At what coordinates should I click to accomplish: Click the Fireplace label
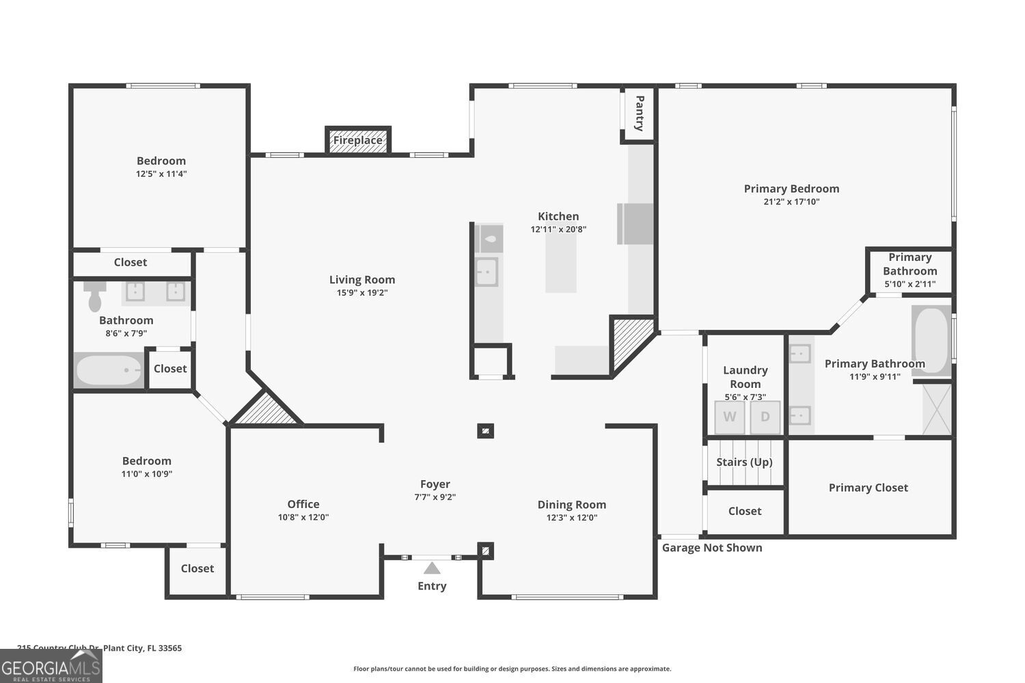(x=358, y=141)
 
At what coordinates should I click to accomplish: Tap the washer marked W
(x=730, y=417)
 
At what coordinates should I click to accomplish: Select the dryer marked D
(x=765, y=417)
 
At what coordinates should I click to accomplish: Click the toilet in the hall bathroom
(x=95, y=296)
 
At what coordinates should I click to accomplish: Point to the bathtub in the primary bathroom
(x=931, y=340)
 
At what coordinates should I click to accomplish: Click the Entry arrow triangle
(x=432, y=568)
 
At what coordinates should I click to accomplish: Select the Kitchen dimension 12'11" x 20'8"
(x=558, y=229)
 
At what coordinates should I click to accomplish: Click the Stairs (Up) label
(x=744, y=462)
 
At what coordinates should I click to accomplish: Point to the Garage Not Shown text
(x=712, y=548)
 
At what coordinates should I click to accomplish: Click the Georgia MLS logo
(x=51, y=666)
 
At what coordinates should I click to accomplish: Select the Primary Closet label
(x=868, y=488)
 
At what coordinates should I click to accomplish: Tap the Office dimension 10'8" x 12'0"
(x=303, y=518)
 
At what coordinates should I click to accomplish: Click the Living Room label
(x=362, y=279)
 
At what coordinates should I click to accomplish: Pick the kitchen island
(x=560, y=263)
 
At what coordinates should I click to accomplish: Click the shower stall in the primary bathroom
(x=936, y=409)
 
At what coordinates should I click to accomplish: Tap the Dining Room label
(x=572, y=505)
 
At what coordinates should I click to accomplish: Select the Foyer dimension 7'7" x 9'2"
(x=435, y=497)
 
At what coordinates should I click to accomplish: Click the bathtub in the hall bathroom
(x=109, y=371)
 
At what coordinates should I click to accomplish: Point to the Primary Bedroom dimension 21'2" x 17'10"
(x=791, y=202)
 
